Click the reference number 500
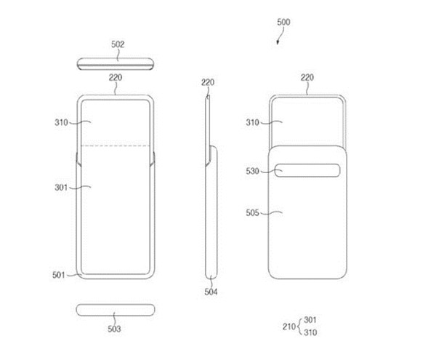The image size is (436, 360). click(283, 23)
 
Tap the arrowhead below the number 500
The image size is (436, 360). click(278, 42)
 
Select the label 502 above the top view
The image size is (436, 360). click(118, 44)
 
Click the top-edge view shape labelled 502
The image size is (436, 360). click(116, 64)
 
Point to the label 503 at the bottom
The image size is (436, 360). click(114, 329)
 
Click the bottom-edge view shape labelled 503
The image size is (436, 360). click(116, 310)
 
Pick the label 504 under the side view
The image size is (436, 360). click(211, 292)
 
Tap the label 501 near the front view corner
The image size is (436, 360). click(58, 275)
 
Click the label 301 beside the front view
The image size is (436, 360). click(61, 188)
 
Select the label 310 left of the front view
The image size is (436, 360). click(61, 122)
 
